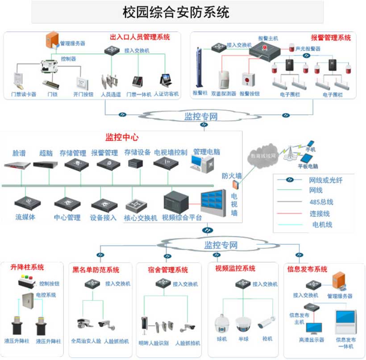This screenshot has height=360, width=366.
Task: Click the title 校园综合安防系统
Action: [176, 12]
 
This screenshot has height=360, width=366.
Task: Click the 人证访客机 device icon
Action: [166, 81]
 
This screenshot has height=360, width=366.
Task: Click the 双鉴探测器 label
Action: [224, 94]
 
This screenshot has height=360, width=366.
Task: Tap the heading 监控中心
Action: [120, 137]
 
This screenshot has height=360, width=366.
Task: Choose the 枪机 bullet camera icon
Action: [267, 322]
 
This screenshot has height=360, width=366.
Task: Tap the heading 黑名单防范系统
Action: [96, 270]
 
